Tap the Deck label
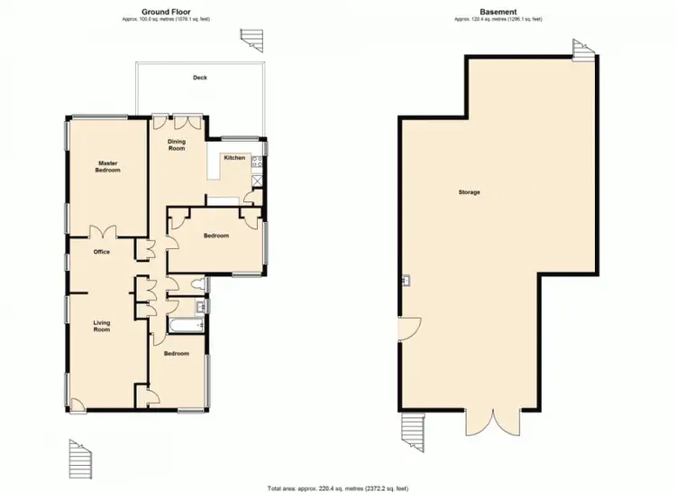(199, 78)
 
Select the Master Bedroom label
(109, 166)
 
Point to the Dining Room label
(177, 144)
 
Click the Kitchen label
(234, 158)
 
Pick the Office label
(101, 252)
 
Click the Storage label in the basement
(469, 192)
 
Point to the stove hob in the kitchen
(257, 162)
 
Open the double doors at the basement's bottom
(493, 421)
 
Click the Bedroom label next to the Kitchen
(215, 236)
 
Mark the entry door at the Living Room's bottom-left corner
(78, 405)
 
